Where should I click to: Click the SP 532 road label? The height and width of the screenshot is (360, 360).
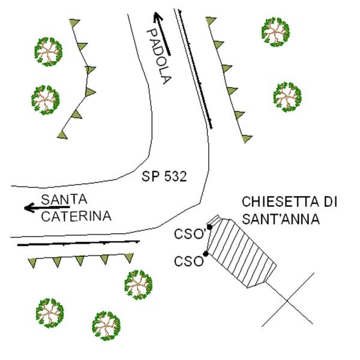pos(164,176)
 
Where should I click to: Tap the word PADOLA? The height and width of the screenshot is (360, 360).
pos(159,56)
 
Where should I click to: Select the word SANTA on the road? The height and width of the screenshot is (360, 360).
pos(64,199)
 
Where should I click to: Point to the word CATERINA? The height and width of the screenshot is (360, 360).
pos(76,216)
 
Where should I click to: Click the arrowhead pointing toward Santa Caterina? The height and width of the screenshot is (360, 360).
pos(29,208)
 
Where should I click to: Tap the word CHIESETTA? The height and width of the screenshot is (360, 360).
pos(277,202)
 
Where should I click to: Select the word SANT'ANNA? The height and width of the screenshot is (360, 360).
pos(281,218)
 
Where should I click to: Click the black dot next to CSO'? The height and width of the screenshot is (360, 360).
pos(209,227)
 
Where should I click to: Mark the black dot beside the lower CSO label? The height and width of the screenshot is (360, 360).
pos(205,254)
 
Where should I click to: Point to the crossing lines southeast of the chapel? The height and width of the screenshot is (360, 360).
pos(287,300)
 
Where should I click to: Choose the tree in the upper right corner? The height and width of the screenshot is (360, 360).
pos(275,32)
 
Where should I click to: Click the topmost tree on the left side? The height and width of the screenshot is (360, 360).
pos(49,52)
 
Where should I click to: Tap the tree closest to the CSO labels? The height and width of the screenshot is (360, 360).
pos(139,285)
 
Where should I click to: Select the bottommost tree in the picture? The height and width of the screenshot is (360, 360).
pos(106,326)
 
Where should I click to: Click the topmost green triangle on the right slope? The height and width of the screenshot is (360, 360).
pos(211,20)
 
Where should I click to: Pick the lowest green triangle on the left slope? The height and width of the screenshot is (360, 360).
pos(62,135)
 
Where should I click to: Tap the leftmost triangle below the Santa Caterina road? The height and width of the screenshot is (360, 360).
pos(32,263)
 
